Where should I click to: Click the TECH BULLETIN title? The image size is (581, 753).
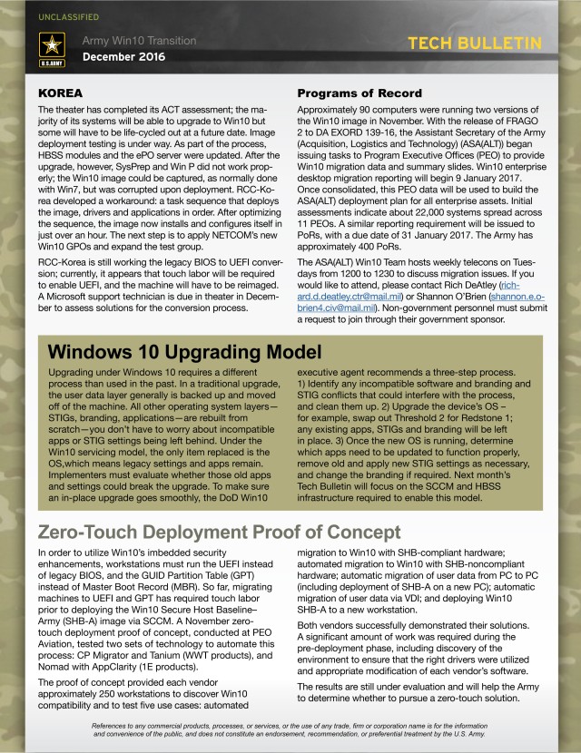click(x=475, y=44)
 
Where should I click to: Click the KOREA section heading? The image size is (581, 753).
click(x=61, y=93)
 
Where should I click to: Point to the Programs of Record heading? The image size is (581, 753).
click(x=359, y=93)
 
